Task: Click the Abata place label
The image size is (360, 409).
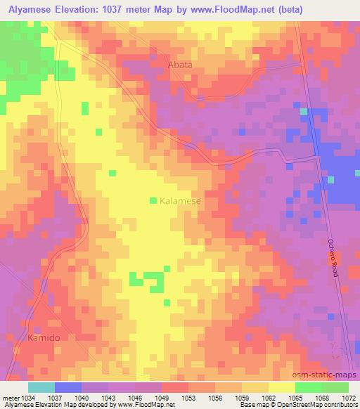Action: point(179,65)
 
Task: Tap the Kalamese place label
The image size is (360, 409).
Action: point(181,201)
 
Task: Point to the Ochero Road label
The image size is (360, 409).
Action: point(333,258)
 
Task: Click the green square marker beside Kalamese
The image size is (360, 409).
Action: point(153,201)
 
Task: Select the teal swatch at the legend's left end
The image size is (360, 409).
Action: point(41,387)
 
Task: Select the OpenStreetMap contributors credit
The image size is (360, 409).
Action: point(322,405)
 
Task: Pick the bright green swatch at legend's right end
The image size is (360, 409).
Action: point(335,387)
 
